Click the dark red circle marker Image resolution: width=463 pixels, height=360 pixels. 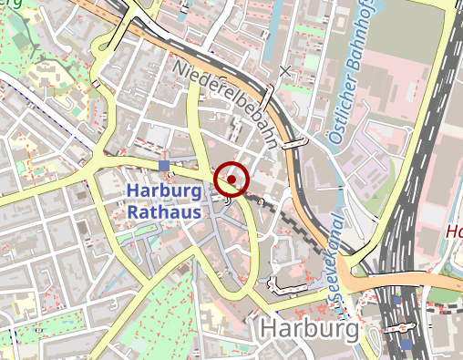click(231, 180)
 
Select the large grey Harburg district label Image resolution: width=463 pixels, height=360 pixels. click(306, 328)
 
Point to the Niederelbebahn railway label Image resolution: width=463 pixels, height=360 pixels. click(223, 100)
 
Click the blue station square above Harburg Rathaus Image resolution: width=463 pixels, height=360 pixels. click(164, 165)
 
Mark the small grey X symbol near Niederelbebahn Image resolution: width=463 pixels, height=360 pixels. click(286, 70)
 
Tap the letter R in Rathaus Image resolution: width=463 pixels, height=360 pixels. click(133, 212)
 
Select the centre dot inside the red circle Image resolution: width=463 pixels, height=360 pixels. click(231, 180)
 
